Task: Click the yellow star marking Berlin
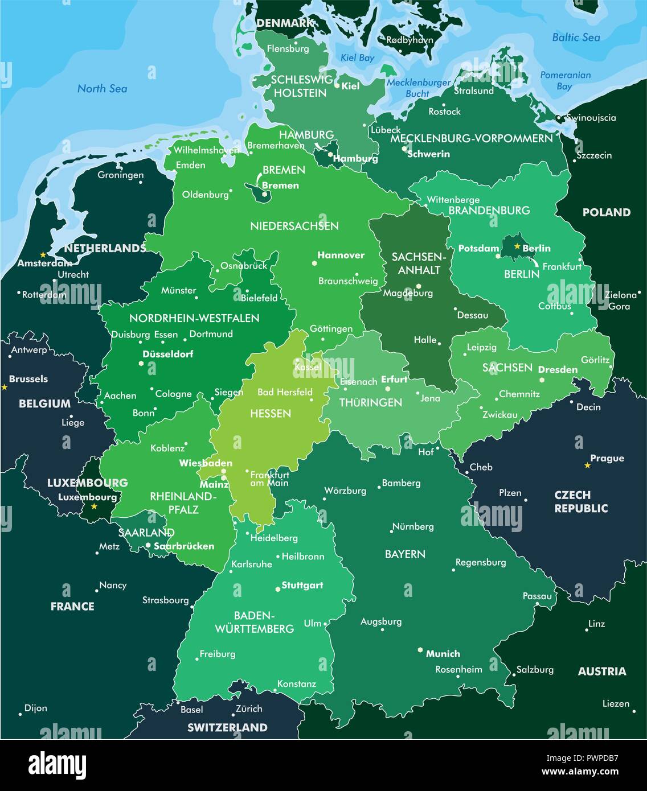[x=517, y=246]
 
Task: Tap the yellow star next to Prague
[x=587, y=465]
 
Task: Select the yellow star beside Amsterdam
[x=42, y=255]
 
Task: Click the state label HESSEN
[x=271, y=413]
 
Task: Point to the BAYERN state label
[x=405, y=554]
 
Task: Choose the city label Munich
[x=443, y=654]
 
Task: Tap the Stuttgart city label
[x=302, y=585]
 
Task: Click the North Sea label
[x=102, y=88]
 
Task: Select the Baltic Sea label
[x=576, y=38]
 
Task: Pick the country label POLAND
[x=606, y=212]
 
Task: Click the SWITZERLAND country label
[x=227, y=727]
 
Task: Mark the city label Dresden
[x=558, y=369]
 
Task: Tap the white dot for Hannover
[x=314, y=263]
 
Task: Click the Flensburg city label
[x=288, y=49]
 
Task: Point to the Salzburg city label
[x=535, y=669]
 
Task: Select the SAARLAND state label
[x=146, y=533]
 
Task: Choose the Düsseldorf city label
[x=167, y=354]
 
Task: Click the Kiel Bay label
[x=357, y=57]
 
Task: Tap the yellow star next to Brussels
[x=5, y=387]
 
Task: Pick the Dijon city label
[x=35, y=708]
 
